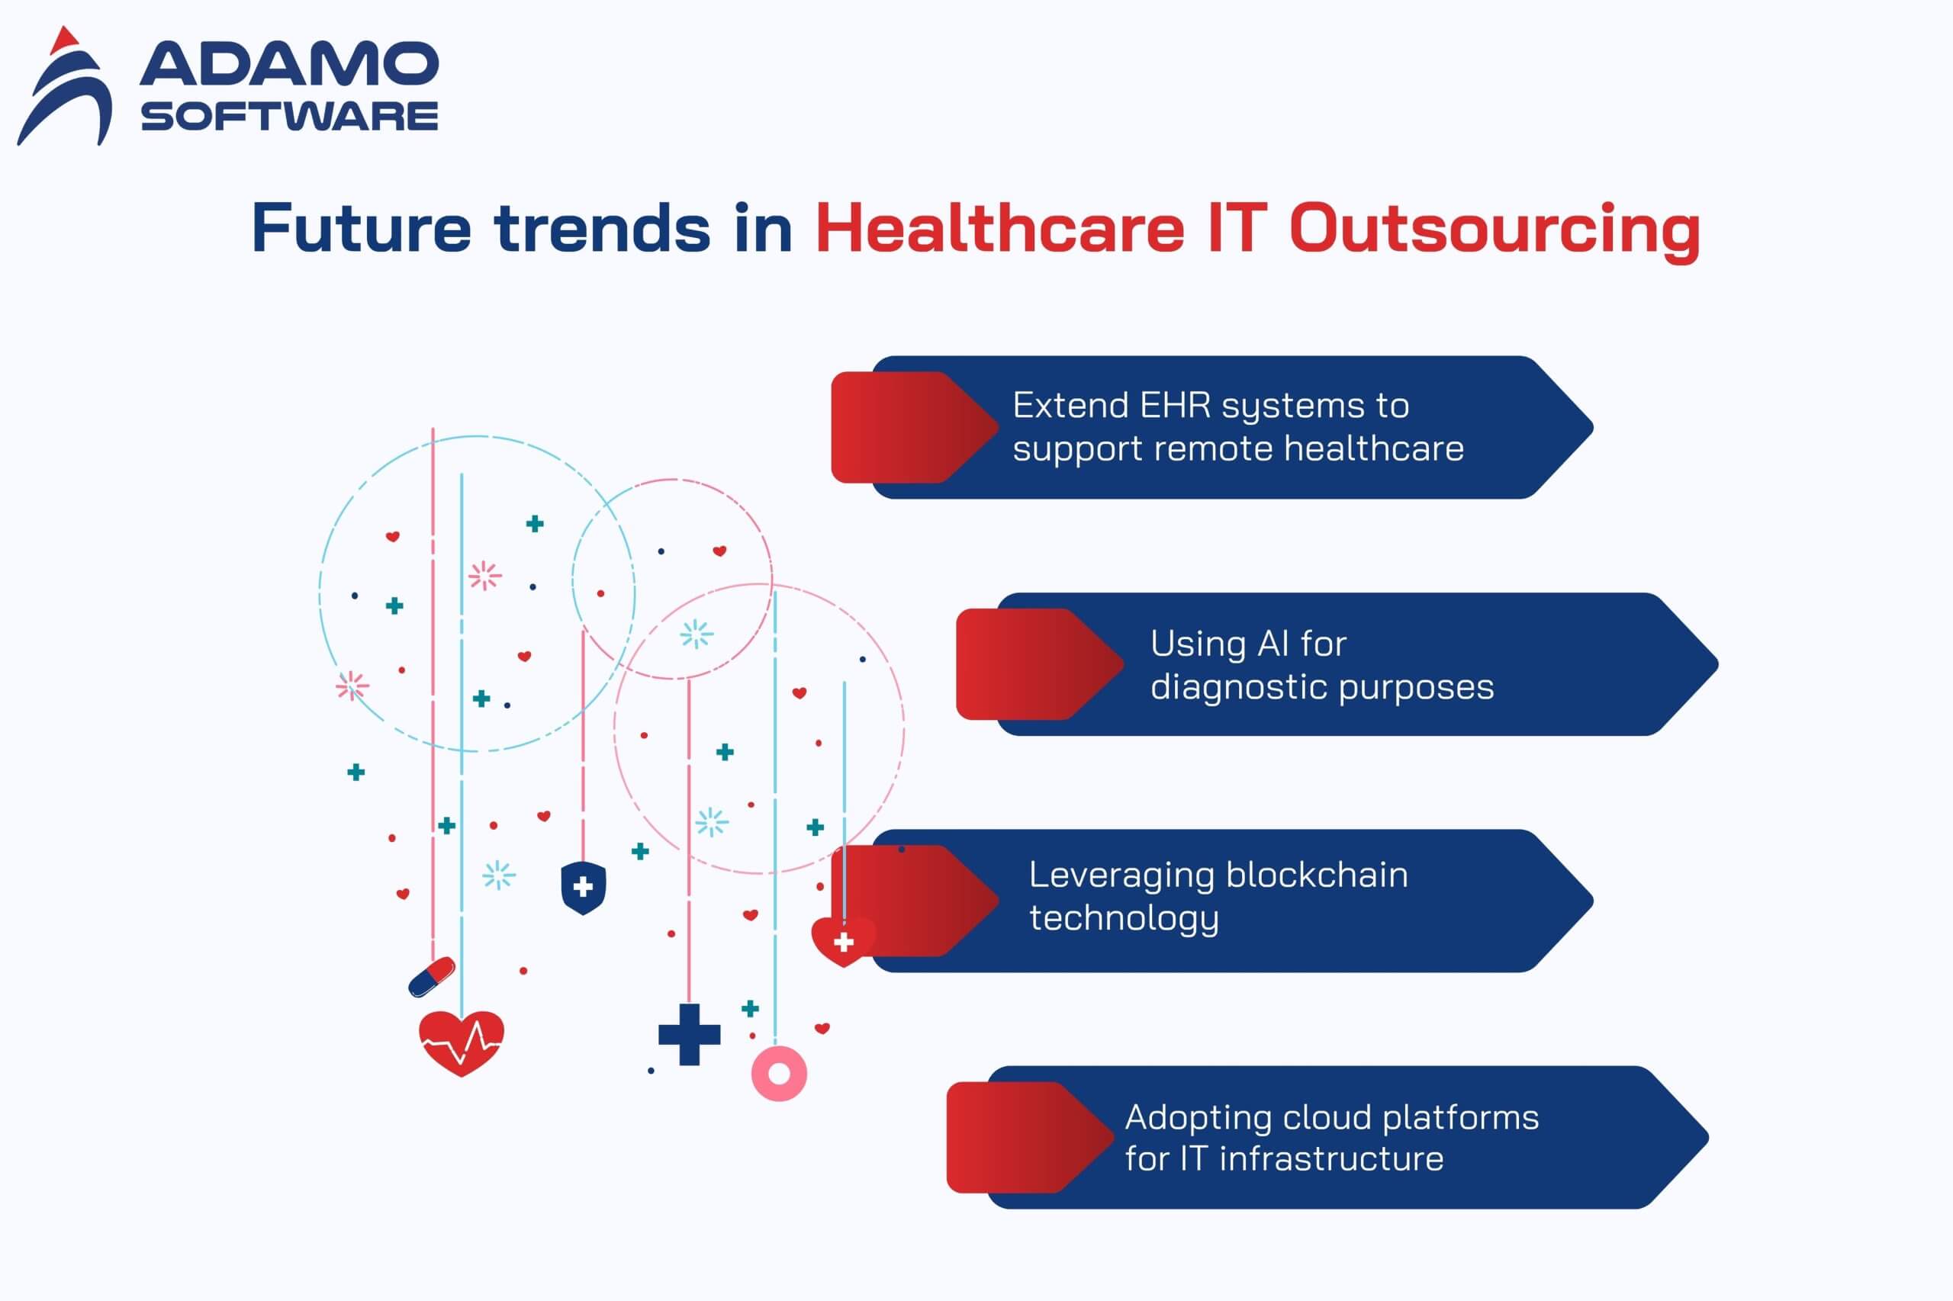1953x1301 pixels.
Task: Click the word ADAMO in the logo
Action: coord(289,63)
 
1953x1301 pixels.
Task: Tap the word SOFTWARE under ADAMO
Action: coord(289,116)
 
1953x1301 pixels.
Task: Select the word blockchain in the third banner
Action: coord(1317,875)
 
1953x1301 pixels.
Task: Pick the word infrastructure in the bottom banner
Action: coord(1331,1159)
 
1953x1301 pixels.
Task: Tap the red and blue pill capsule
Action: coord(432,978)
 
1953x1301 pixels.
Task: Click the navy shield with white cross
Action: coord(584,887)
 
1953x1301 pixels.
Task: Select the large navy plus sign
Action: coord(689,1034)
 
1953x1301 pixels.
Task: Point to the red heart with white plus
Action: coord(843,941)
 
